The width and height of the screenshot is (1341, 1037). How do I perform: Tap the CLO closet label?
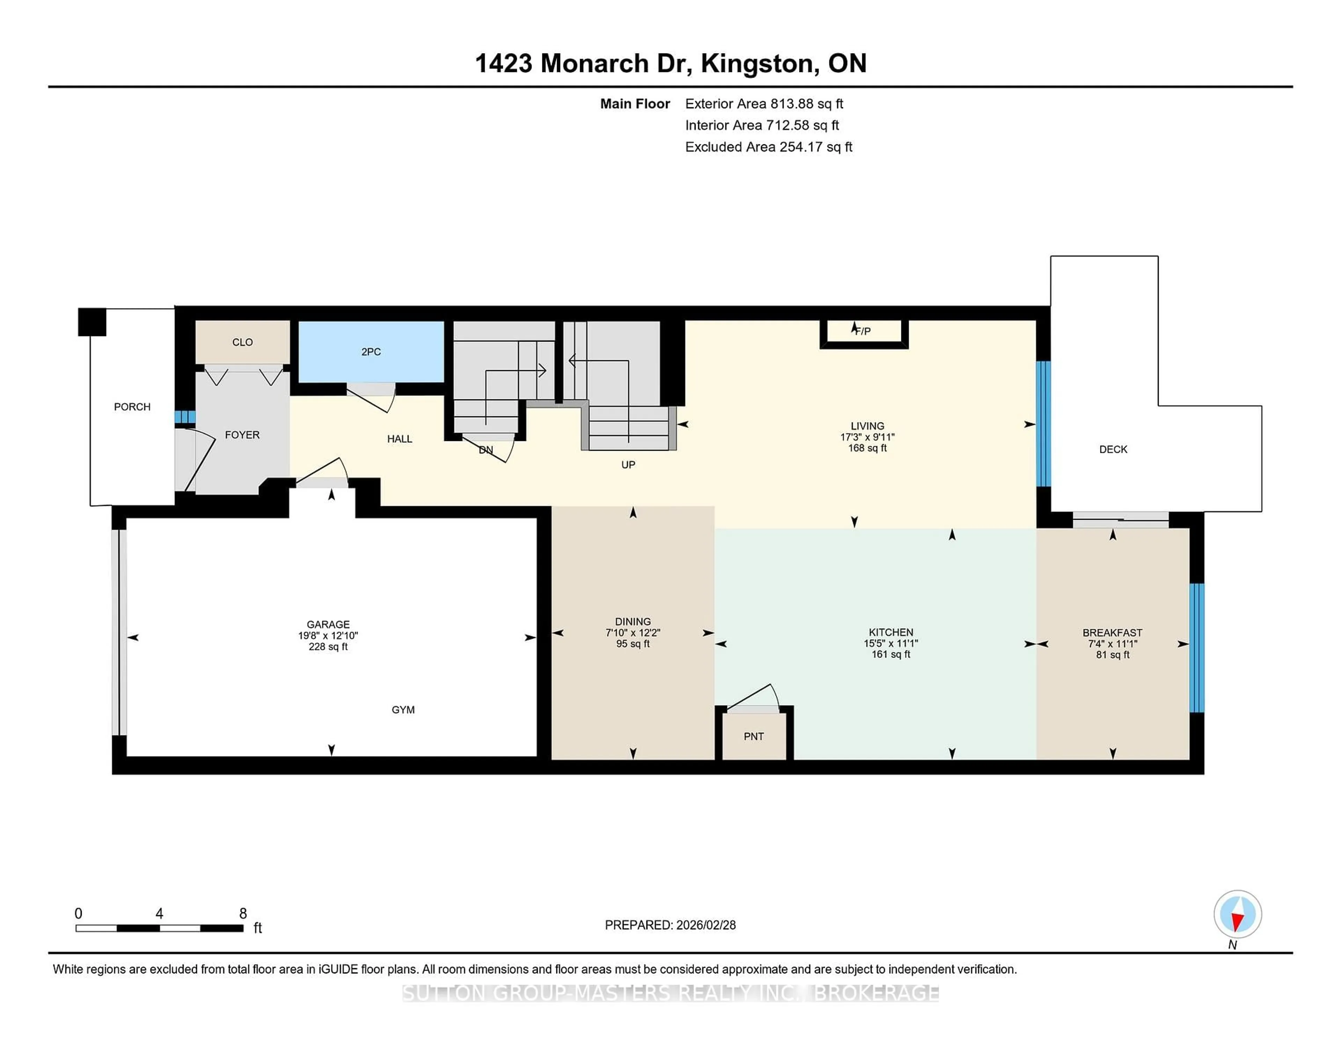click(x=243, y=342)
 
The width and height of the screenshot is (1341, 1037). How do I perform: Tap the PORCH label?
click(x=132, y=407)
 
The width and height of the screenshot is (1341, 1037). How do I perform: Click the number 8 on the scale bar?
click(x=243, y=914)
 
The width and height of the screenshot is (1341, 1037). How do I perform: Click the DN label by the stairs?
click(x=486, y=450)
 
